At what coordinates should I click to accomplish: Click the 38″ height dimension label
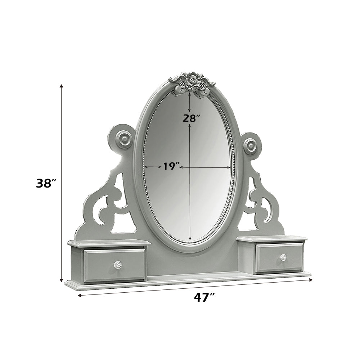tap(46, 183)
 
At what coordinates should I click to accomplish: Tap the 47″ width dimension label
tap(204, 297)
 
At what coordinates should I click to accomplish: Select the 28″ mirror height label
tap(191, 118)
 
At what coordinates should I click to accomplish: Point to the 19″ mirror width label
tap(171, 166)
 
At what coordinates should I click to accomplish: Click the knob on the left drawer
tap(117, 265)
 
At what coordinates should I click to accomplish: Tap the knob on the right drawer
tap(283, 257)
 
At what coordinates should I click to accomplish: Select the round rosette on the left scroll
tap(124, 139)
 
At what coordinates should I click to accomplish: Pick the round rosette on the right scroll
tap(250, 146)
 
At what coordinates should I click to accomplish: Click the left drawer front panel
tap(114, 265)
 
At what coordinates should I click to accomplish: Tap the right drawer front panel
tap(279, 258)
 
